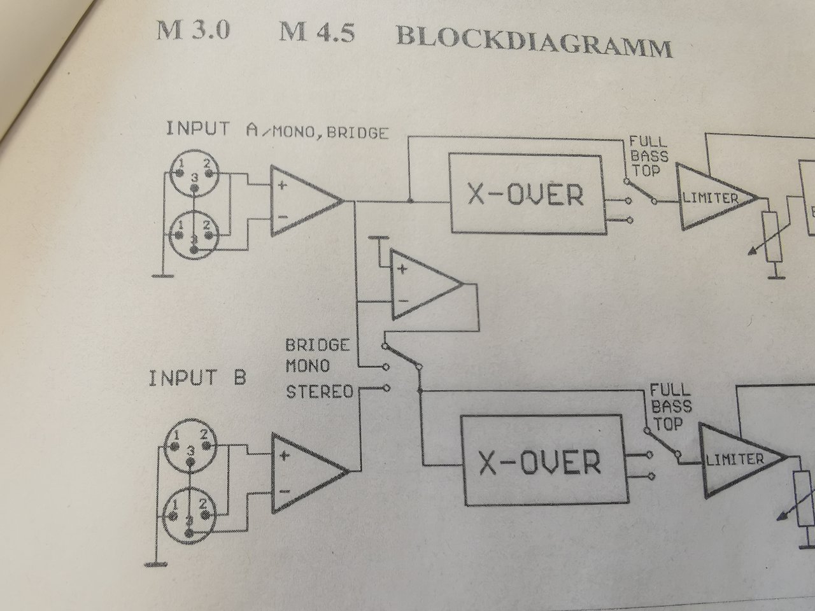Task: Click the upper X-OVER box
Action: click(x=525, y=193)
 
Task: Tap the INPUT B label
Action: click(x=197, y=378)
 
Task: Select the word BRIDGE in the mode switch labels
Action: click(x=317, y=346)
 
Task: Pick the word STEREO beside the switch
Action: click(x=319, y=390)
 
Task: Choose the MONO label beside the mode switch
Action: click(x=308, y=367)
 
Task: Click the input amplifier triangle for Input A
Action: click(x=302, y=201)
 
